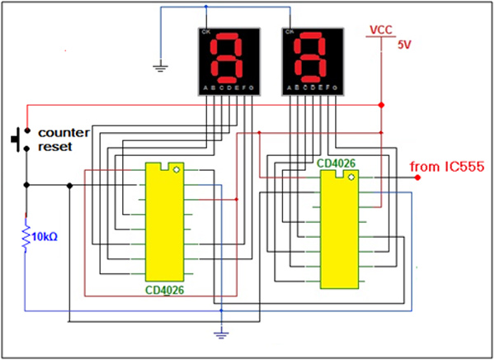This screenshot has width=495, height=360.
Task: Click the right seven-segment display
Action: (311, 61)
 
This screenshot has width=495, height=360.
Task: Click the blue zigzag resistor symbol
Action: (26, 236)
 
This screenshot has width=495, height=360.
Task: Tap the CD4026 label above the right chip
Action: (337, 163)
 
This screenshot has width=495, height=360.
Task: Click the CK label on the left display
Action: (204, 31)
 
